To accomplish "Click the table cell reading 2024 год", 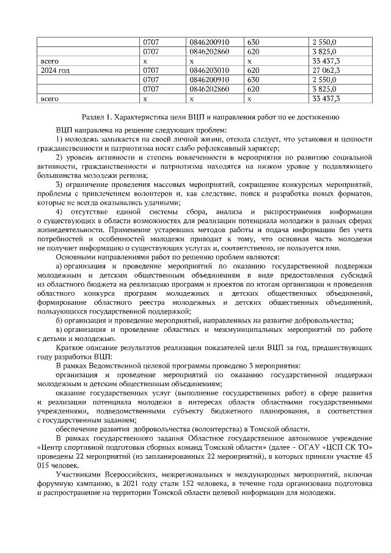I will pyautogui.click(x=54, y=70).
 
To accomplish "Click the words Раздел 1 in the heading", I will pyautogui.click(x=96, y=117).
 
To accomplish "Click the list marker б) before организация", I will pyautogui.click(x=59, y=320).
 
